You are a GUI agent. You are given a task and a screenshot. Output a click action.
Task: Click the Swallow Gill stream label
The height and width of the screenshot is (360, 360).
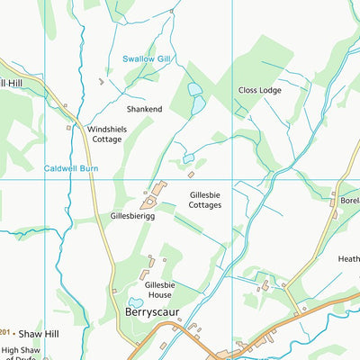[x=146, y=59]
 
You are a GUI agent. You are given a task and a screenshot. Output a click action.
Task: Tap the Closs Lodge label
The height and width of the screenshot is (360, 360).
[x=259, y=90]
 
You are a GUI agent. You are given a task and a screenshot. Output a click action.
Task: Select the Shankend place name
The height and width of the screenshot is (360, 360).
[x=144, y=109]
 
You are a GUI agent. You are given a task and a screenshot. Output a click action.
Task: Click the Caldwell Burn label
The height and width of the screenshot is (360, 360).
[x=70, y=167]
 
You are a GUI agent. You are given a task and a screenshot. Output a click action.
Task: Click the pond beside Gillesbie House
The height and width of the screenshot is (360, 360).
[x=136, y=303]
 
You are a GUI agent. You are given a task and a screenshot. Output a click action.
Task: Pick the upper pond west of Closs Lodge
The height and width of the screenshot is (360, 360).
[x=195, y=89]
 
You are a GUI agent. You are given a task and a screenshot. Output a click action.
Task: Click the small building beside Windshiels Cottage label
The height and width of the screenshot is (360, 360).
[x=68, y=127]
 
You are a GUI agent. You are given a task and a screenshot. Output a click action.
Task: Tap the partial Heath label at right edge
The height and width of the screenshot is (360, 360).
[x=348, y=259]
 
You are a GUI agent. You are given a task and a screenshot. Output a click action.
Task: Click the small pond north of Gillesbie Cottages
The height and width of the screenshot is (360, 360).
[x=189, y=157]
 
